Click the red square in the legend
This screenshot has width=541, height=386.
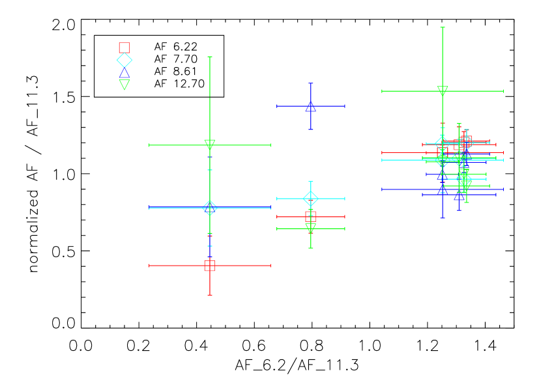[124, 48]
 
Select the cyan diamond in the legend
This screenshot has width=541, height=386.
[124, 60]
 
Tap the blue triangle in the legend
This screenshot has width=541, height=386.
[124, 72]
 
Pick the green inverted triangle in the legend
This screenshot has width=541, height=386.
[124, 85]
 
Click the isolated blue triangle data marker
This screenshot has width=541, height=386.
[311, 106]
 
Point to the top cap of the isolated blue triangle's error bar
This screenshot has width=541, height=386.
[311, 84]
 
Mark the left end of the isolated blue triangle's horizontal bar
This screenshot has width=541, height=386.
[278, 106]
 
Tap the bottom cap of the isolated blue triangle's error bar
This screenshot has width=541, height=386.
[311, 129]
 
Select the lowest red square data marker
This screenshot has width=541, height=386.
[209, 266]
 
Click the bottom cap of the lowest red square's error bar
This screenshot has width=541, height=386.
[209, 295]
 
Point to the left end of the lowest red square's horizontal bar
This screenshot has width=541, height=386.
[150, 266]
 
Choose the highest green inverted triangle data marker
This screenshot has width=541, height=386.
[443, 91]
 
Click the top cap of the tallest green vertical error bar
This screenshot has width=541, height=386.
[443, 28]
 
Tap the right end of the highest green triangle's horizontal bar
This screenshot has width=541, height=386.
[503, 91]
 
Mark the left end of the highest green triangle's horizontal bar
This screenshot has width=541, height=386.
[383, 91]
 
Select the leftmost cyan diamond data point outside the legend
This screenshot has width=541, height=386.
[209, 208]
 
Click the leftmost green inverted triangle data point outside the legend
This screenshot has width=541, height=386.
[209, 145]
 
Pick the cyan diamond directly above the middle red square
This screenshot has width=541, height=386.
[311, 199]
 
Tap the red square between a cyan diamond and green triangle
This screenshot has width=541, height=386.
[311, 217]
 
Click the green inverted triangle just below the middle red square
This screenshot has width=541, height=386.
[311, 228]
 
